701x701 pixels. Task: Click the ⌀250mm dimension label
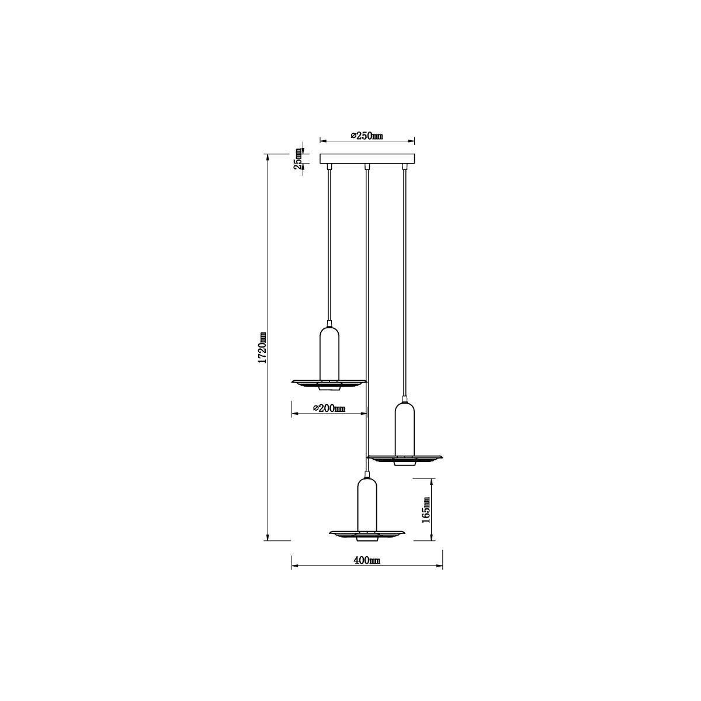(x=367, y=136)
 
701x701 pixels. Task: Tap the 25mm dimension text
(x=299, y=159)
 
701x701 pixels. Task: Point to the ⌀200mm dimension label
(x=329, y=408)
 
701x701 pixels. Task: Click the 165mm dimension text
(x=426, y=509)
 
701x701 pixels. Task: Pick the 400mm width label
(x=367, y=570)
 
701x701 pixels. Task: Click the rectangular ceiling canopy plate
(x=367, y=159)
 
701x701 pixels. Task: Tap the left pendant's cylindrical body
(x=329, y=353)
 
